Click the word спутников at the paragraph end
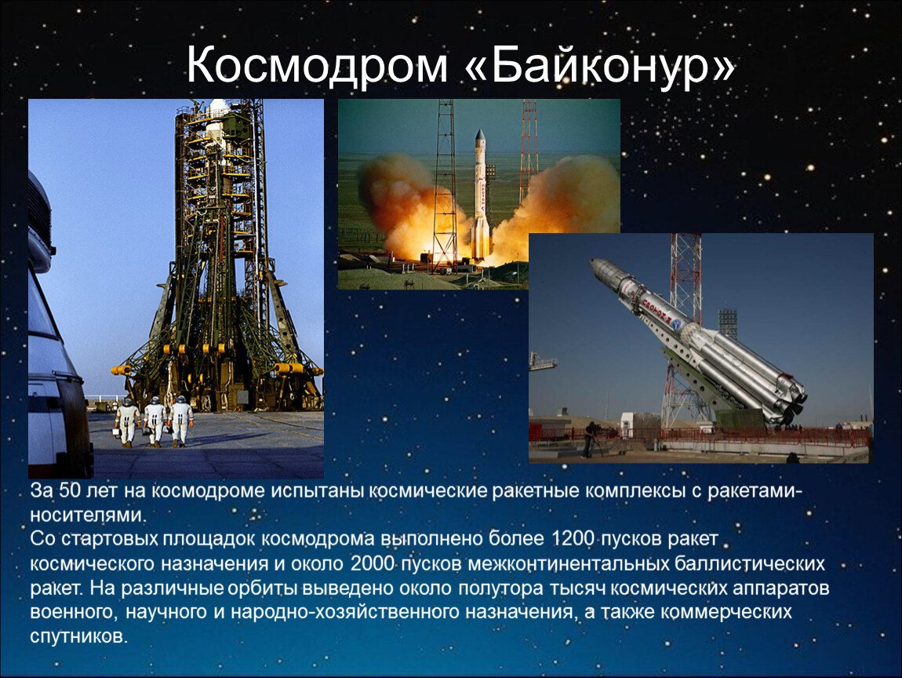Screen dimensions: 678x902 78,636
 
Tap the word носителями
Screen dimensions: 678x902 88,516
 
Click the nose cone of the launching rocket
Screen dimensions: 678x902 480,137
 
